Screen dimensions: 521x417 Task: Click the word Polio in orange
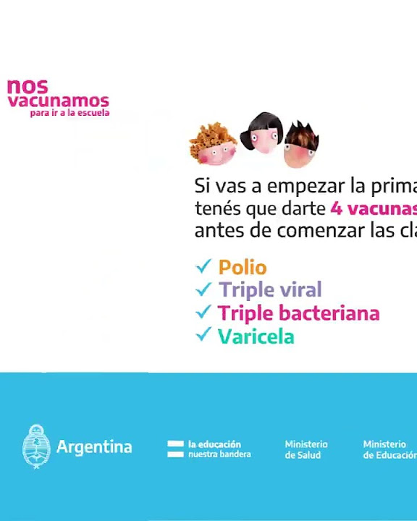click(x=243, y=268)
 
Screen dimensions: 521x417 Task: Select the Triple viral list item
click(x=270, y=290)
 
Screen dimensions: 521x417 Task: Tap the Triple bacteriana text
click(x=298, y=313)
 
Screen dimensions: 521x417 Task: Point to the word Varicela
click(x=256, y=336)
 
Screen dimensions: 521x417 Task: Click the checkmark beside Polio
click(x=203, y=267)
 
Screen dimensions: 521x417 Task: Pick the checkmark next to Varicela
click(x=203, y=335)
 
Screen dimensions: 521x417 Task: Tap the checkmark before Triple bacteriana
click(x=203, y=313)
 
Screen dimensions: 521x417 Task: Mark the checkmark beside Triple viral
click(x=203, y=289)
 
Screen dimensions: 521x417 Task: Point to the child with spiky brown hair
click(x=301, y=144)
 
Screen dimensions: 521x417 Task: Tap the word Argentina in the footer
click(x=94, y=447)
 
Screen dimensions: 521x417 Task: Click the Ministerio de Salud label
click(x=306, y=449)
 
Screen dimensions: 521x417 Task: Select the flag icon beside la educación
click(x=175, y=449)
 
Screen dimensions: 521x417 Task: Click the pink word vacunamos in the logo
click(x=58, y=101)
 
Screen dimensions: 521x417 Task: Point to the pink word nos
click(x=28, y=86)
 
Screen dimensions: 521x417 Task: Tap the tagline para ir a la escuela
click(x=69, y=113)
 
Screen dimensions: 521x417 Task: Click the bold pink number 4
click(x=336, y=208)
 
